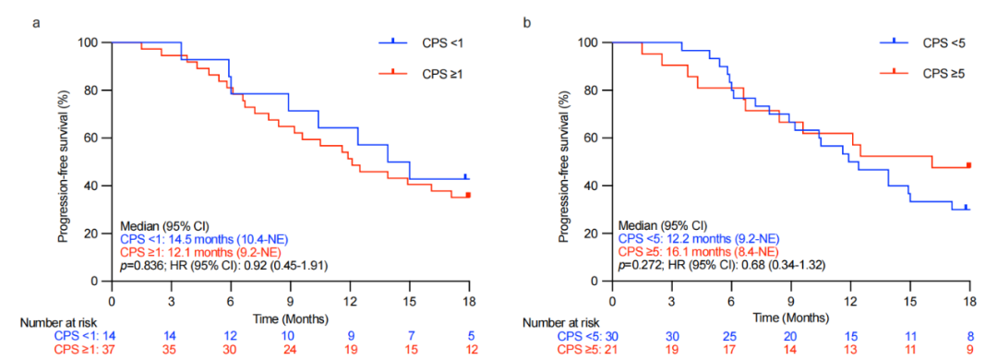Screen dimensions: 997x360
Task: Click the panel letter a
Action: click(38, 23)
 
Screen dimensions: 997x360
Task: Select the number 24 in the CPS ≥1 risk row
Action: click(291, 350)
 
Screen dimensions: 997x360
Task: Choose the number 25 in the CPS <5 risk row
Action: click(732, 337)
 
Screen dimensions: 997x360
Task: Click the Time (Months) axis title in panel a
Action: click(291, 317)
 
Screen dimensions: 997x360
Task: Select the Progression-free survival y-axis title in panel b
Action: click(565, 162)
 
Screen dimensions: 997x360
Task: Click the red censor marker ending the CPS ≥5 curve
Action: click(969, 165)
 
